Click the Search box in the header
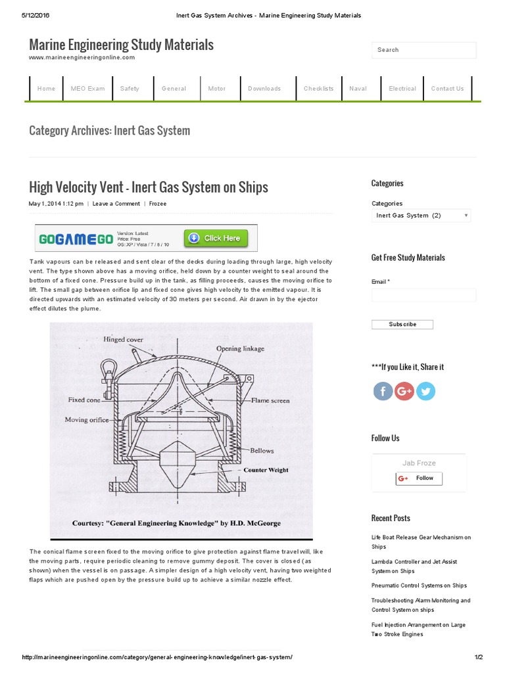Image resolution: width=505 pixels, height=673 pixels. point(423,50)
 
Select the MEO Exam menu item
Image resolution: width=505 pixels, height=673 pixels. point(87,89)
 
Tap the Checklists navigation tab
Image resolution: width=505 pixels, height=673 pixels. point(318,89)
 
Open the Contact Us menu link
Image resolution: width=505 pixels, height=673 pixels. point(447,89)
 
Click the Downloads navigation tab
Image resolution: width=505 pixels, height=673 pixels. point(264,89)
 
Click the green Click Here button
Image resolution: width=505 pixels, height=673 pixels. point(216,238)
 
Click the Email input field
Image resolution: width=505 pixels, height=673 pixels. point(423,295)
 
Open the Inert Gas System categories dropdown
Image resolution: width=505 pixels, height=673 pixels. point(421,216)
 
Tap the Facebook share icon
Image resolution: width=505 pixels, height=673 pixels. point(383,392)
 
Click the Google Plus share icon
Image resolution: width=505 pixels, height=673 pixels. point(404,392)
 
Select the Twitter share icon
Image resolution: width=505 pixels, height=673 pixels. point(425,392)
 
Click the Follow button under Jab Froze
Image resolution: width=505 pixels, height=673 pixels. point(419,478)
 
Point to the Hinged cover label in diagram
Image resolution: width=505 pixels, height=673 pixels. point(123,340)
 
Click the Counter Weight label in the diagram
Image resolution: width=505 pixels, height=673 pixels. point(266,470)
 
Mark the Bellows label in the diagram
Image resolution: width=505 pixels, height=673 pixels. point(261,451)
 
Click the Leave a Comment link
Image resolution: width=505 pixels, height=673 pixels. point(116,204)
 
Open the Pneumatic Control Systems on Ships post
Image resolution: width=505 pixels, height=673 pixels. point(419,586)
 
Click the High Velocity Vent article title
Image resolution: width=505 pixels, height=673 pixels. point(149,187)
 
